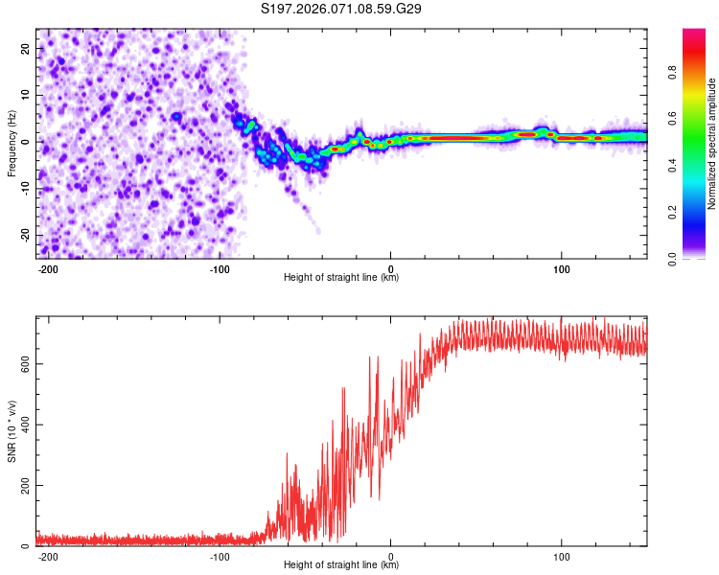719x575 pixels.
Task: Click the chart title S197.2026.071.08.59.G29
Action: click(342, 10)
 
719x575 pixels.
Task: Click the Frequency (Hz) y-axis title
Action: click(12, 143)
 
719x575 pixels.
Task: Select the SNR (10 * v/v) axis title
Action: click(12, 431)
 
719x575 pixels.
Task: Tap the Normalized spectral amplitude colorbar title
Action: click(712, 144)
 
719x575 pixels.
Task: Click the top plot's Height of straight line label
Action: click(341, 278)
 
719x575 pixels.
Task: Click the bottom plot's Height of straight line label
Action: click(341, 565)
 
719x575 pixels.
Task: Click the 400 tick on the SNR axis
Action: click(22, 425)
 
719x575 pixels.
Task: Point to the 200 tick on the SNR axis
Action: click(22, 486)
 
